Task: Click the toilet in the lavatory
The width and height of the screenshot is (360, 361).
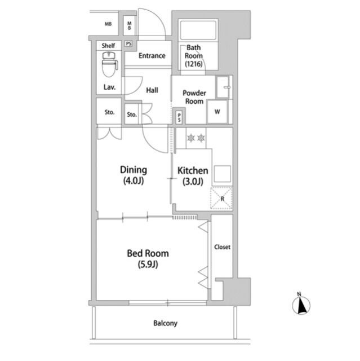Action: tap(110, 64)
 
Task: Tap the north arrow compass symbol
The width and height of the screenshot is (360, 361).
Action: tap(301, 304)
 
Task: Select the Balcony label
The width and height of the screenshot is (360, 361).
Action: tap(165, 323)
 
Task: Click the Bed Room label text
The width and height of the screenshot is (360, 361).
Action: tap(148, 253)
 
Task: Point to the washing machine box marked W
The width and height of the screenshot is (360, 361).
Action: tap(217, 112)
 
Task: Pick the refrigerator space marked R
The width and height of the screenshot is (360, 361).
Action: tap(221, 198)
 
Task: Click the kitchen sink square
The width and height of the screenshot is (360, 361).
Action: tap(222, 174)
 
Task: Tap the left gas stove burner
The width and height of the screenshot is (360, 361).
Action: tap(191, 138)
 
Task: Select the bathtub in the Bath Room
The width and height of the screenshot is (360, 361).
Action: tap(198, 30)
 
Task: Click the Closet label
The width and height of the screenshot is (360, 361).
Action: tap(222, 247)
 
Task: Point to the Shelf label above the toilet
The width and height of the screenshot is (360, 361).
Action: tap(108, 46)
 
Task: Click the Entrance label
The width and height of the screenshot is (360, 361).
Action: tap(152, 56)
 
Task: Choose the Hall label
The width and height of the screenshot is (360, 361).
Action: tap(152, 90)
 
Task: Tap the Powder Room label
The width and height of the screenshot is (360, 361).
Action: tap(194, 97)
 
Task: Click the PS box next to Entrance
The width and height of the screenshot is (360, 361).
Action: tap(129, 43)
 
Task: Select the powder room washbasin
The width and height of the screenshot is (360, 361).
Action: tap(223, 87)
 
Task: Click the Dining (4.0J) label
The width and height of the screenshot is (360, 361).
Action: tap(134, 175)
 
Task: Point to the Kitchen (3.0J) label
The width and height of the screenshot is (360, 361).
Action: tap(193, 176)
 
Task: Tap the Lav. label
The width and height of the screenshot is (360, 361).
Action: tap(109, 87)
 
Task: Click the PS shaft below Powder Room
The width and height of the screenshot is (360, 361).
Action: tap(179, 116)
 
